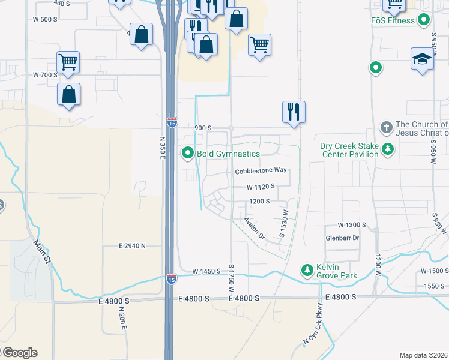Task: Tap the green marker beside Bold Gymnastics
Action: pos(188,154)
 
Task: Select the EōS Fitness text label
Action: pos(393,20)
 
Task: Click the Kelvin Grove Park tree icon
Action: pos(307,271)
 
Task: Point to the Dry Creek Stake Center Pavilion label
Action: pos(349,150)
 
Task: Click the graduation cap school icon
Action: pos(423,59)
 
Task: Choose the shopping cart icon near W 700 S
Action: pos(68,62)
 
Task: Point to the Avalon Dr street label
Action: pos(254,228)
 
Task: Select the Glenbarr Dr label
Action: pos(342,238)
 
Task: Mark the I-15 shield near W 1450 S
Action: pos(171,279)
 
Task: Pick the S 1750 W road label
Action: pos(231,278)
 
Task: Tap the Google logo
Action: pos(19,353)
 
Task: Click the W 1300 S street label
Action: pos(352,225)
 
